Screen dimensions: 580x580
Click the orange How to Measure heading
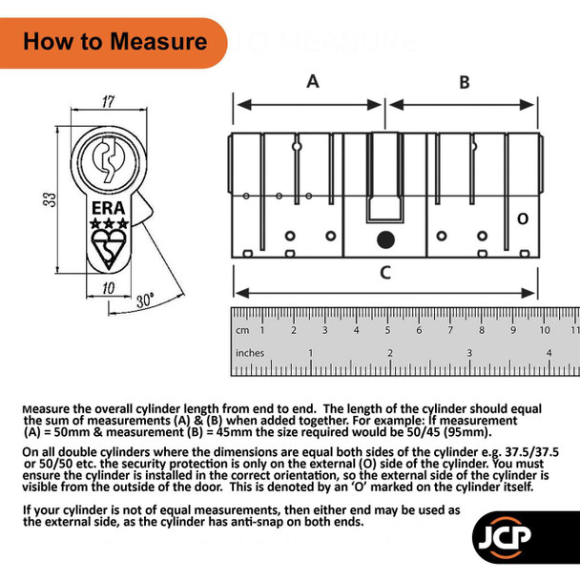point(114,42)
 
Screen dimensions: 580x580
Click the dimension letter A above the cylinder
point(312,82)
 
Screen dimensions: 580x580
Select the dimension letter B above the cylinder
point(465,82)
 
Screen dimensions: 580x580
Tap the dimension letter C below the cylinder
point(384,273)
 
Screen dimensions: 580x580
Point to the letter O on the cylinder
point(522,219)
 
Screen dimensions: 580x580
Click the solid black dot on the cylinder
point(384,238)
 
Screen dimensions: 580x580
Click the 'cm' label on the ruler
point(244,330)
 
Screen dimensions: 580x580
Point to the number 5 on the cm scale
point(387,330)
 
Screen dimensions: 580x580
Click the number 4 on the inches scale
point(549,352)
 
